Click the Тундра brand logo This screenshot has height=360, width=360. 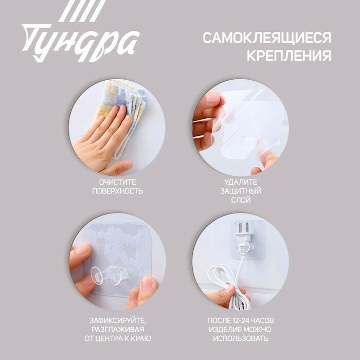pos(81,31)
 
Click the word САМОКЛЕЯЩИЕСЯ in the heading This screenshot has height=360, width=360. pos(267,38)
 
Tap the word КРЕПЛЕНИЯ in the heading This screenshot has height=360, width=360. pos(289,56)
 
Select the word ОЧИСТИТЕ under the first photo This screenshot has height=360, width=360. pos(118,182)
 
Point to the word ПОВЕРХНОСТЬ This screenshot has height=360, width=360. pos(118,191)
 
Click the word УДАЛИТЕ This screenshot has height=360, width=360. pos(241,182)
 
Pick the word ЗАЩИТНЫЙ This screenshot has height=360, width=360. pos(241,191)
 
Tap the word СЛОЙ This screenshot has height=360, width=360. pos(241,200)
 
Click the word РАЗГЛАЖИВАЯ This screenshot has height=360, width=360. pos(118,330)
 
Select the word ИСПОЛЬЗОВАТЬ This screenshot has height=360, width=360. pos(241,338)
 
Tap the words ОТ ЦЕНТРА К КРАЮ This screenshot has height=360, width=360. pos(118,338)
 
